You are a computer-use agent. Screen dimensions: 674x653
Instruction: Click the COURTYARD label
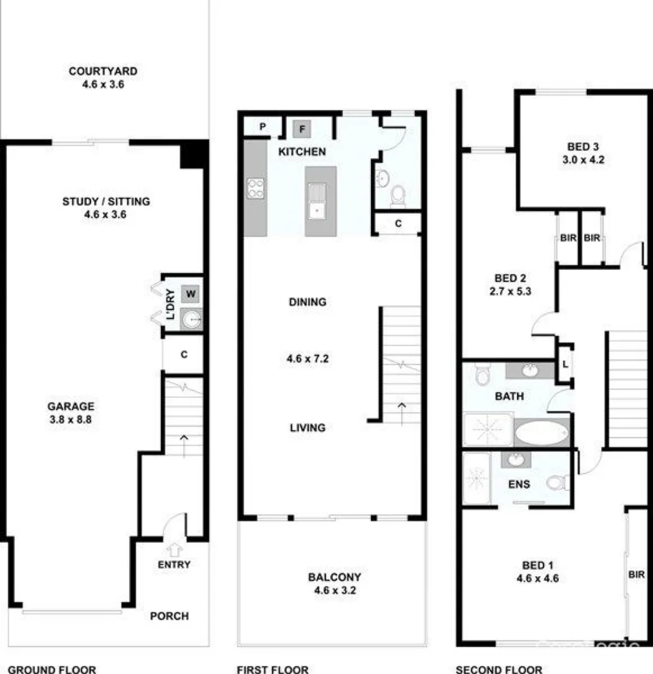(x=103, y=71)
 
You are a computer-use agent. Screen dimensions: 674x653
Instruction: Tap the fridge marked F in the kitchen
(x=302, y=129)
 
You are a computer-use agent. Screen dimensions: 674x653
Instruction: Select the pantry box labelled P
(x=263, y=127)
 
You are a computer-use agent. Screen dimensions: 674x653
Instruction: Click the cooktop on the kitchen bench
(x=256, y=188)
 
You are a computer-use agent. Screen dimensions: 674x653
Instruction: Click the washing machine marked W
(x=191, y=293)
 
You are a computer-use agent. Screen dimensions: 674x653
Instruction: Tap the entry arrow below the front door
(x=175, y=549)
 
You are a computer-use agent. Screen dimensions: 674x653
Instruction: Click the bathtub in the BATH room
(x=542, y=432)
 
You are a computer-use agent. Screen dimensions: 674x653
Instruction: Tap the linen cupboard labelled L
(x=565, y=363)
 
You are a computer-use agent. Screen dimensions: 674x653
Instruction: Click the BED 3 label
(x=583, y=147)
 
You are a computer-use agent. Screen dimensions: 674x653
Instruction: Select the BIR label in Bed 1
(x=636, y=575)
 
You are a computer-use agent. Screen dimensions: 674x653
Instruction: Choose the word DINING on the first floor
(x=307, y=302)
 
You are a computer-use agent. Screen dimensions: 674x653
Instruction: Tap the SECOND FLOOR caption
(x=498, y=670)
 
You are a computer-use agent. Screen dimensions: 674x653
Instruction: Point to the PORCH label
(x=169, y=616)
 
